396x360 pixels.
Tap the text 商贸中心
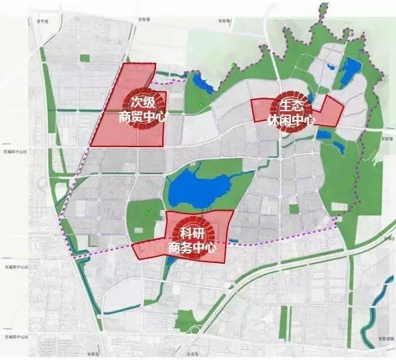click(x=142, y=117)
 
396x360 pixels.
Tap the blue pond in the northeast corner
click(x=352, y=68)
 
